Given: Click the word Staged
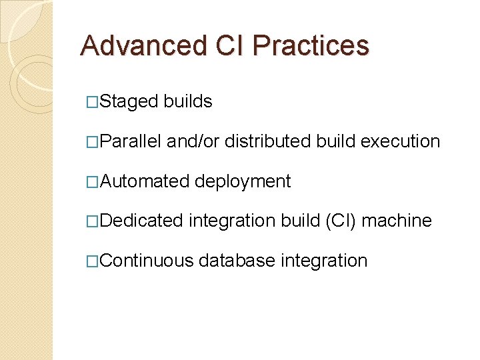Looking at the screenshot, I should tap(129, 101).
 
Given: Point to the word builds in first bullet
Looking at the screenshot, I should tap(188, 101).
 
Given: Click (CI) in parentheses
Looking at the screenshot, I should tap(340, 221).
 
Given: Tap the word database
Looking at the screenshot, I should tap(237, 261).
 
